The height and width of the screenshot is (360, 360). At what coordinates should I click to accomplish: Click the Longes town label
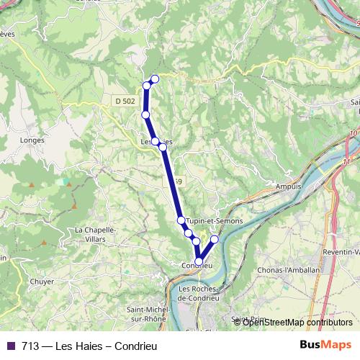point(34,140)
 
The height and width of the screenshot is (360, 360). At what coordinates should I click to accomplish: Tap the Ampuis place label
point(288,186)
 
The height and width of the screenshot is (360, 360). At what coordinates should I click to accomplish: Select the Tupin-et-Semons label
point(214,220)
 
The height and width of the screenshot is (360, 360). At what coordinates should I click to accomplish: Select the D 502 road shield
point(124,102)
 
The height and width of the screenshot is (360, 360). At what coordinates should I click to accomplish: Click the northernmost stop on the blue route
point(154,78)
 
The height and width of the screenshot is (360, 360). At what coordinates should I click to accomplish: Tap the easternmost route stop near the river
point(214,238)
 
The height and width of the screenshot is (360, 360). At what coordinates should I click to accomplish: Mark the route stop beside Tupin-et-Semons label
point(181,220)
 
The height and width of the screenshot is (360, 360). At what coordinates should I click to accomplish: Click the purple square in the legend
point(11,345)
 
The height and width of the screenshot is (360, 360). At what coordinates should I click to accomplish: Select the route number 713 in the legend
point(31,345)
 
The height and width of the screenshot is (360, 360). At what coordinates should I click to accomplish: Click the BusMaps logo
point(325,344)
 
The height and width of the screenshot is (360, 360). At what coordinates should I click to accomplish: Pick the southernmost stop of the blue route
point(199,262)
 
